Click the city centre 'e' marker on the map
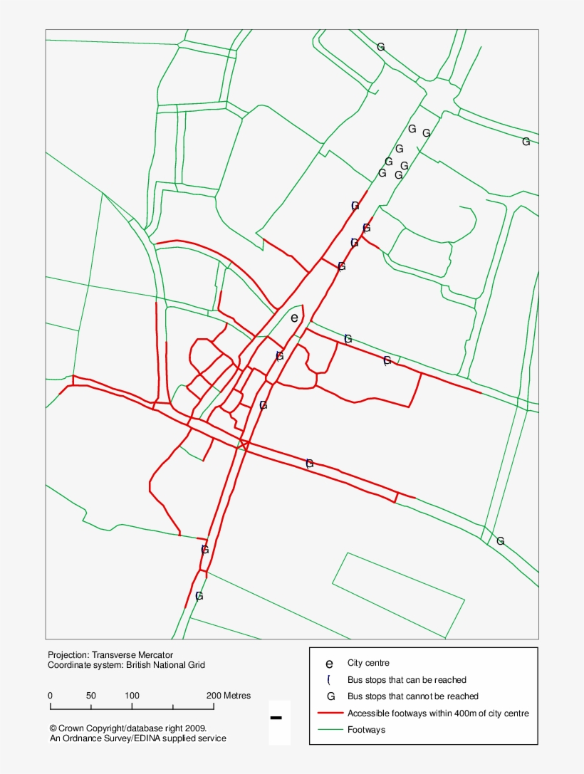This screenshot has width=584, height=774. click(294, 318)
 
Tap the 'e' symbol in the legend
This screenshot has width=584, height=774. click(329, 664)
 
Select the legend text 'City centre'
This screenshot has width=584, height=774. click(368, 663)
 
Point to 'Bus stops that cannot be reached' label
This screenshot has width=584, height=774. click(412, 696)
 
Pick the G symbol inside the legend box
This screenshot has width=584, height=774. click(330, 696)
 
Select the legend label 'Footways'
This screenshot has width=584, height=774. click(366, 730)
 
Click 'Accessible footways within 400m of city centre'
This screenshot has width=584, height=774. click(438, 713)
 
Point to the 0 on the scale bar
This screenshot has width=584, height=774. click(50, 696)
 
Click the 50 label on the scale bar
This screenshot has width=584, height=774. click(91, 696)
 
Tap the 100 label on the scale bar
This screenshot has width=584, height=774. click(132, 696)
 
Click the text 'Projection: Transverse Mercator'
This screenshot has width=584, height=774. click(110, 655)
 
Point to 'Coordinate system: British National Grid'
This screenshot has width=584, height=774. click(126, 665)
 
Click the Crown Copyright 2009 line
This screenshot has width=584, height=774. click(128, 728)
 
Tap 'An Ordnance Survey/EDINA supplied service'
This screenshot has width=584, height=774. click(137, 738)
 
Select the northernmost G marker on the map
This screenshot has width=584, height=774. click(381, 47)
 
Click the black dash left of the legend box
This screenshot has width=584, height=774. click(276, 718)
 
